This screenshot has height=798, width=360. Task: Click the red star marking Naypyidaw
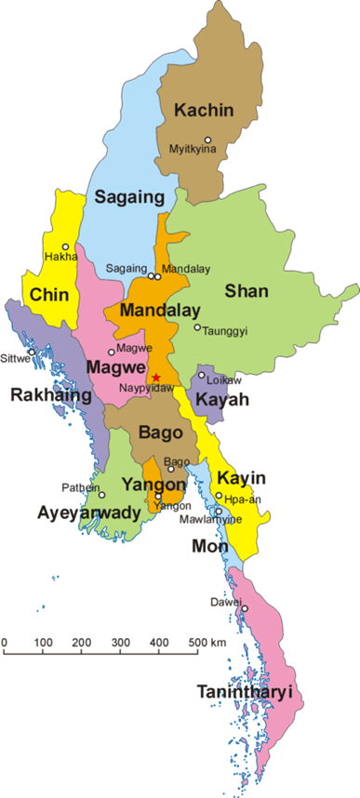156,377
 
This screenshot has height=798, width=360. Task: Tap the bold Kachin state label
204,110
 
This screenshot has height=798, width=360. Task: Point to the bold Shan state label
247,290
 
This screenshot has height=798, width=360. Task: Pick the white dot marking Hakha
65,246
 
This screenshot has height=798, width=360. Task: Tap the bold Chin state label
48,295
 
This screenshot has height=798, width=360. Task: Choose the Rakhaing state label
50,395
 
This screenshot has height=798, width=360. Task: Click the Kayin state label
242,478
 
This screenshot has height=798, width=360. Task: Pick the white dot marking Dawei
245,609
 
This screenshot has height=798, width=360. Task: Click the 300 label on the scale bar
120,643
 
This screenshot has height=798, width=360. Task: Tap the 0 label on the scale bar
5,643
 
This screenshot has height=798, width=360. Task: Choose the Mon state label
209,546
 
